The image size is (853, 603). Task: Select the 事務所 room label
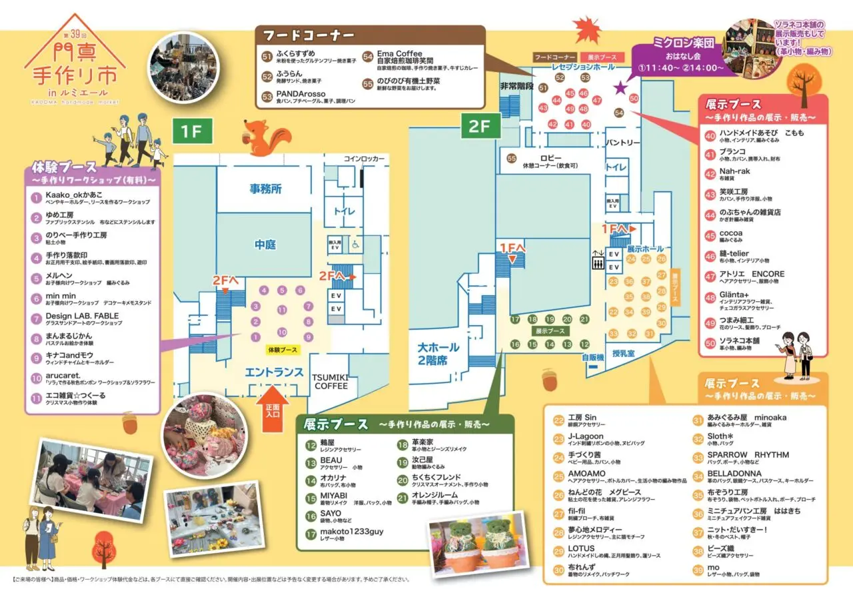(265, 189)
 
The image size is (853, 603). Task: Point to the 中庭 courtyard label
(265, 245)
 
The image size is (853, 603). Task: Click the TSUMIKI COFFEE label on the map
(331, 382)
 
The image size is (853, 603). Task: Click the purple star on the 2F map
(620, 87)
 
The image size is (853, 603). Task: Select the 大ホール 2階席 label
(439, 354)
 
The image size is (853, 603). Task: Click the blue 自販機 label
(592, 358)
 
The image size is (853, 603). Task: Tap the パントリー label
(623, 143)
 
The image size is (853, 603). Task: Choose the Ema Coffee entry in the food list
(400, 54)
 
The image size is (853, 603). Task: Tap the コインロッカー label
(365, 159)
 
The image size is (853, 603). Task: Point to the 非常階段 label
(517, 87)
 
